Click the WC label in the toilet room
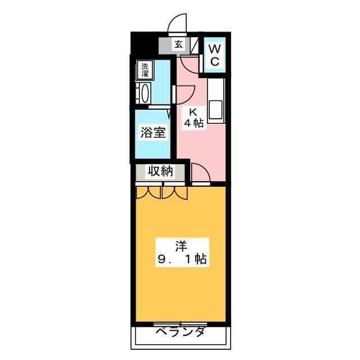point(215,55)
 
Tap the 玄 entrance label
point(179,44)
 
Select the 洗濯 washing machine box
point(145,70)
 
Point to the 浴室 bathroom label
point(153,132)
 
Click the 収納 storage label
point(160,171)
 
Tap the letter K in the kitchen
point(193,112)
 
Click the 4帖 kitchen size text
point(194,123)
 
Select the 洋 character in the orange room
point(181,246)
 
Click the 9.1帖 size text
point(182,259)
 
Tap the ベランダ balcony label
point(180,331)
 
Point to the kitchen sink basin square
point(215,110)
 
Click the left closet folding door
point(148,192)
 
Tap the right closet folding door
point(175,192)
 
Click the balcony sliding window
point(180,324)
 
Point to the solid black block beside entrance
point(145,44)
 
